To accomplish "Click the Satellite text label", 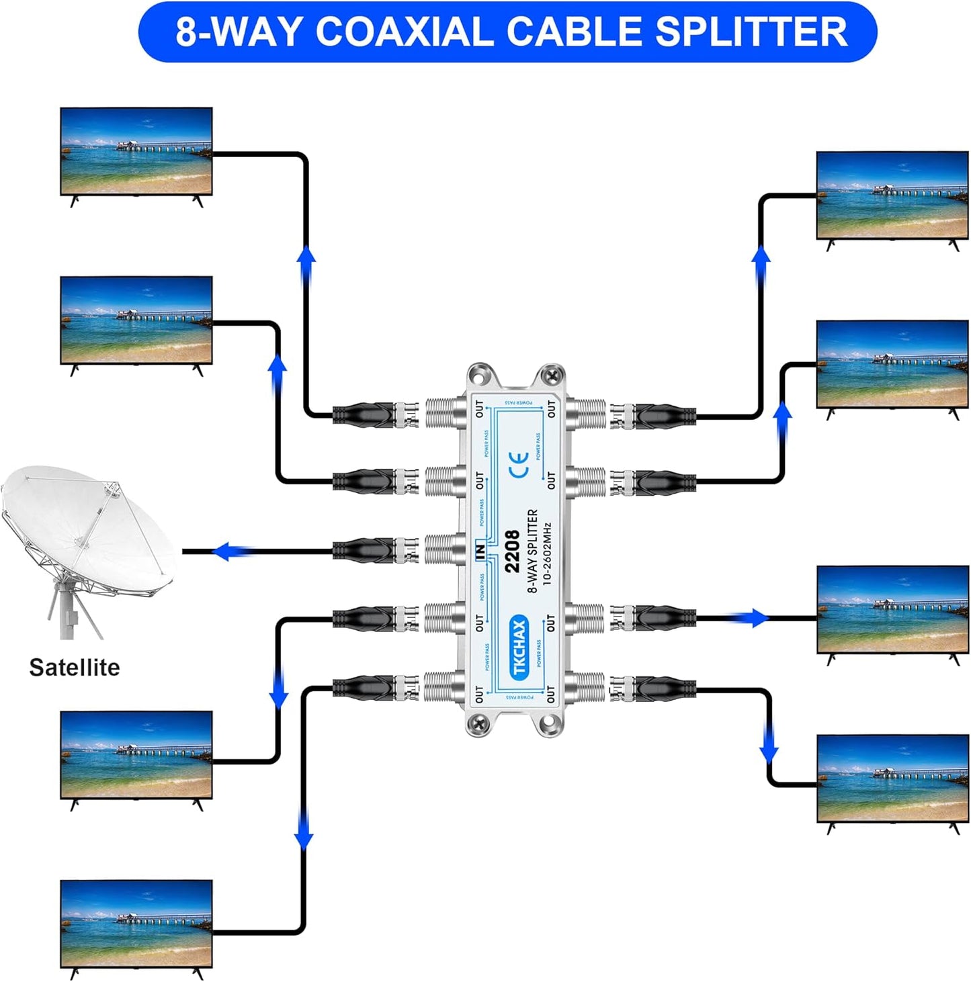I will pos(75,667).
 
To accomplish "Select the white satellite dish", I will pos(87,531).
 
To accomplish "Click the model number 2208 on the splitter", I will pos(512,551).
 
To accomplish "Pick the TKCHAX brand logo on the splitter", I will pos(519,647).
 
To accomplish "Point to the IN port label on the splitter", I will pos(480,551).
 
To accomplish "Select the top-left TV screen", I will pos(136,151).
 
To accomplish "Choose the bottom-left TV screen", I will pos(136,924).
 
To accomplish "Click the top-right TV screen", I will pos(892,195).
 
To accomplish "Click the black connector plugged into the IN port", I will pos(366,551).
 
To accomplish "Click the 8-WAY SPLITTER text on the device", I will pos(533,551).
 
